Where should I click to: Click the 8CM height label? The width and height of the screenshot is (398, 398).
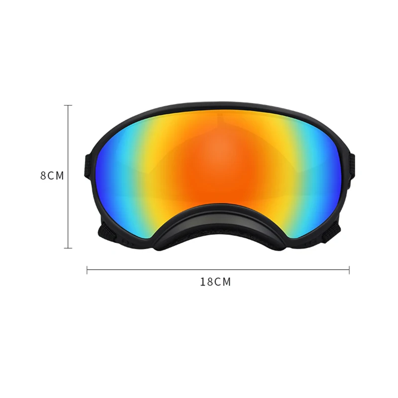tap(52, 176)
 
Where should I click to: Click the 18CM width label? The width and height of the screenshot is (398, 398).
tap(215, 282)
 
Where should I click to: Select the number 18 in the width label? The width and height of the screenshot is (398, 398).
tap(206, 282)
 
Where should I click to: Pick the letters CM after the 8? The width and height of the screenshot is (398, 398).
tap(56, 176)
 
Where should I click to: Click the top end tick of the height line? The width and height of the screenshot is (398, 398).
tap(69, 105)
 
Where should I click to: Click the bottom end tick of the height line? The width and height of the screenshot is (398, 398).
tap(69, 248)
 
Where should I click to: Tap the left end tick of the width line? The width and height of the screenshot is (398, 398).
tap(88, 270)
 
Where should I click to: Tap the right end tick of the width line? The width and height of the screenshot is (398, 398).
tap(349, 270)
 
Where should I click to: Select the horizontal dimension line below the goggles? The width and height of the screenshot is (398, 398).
tap(219, 270)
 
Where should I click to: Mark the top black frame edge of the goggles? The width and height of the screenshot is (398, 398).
tap(219, 106)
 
